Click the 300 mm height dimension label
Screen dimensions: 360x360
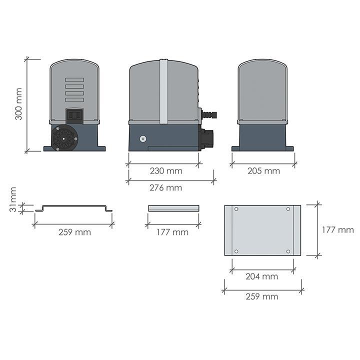click(19, 104)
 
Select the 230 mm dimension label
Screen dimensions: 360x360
click(166, 171)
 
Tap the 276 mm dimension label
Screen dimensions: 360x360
click(166, 188)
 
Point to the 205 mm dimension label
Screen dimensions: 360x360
click(263, 171)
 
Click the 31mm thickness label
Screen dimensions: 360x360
click(13, 199)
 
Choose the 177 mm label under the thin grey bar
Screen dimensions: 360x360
click(172, 232)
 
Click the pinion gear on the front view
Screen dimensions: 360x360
click(64, 137)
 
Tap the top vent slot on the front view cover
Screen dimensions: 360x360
click(74, 80)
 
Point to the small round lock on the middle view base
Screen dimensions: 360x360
click(143, 139)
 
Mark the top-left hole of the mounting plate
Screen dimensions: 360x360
click(236, 209)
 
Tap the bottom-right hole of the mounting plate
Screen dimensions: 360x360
click(288, 251)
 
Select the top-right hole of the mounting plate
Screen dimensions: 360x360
click(288, 209)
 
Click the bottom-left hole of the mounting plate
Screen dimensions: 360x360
click(236, 251)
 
